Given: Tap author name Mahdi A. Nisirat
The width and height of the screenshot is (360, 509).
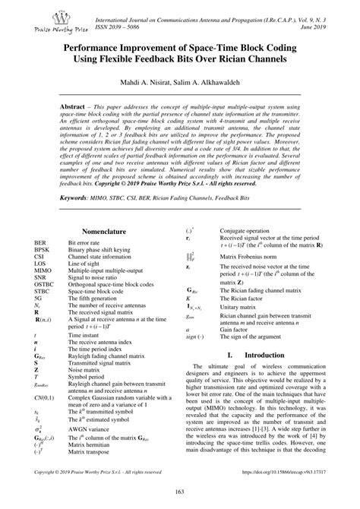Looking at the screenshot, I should coord(144,81).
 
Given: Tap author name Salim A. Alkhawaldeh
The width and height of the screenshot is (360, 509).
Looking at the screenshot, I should coord(210,81).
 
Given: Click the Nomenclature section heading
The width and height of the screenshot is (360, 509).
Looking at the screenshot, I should coord(103,231).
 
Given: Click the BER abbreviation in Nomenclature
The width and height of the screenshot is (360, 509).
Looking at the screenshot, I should coord(40,242).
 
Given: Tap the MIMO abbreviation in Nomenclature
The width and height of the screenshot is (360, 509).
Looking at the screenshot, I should coord(43,270).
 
